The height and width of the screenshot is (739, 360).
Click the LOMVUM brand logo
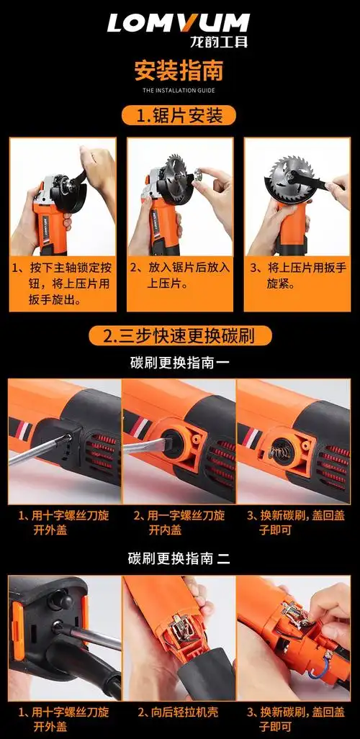coord(178,23)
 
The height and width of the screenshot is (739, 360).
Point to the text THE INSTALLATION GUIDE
coord(179,90)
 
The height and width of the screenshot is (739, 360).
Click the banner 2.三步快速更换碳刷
coord(180,335)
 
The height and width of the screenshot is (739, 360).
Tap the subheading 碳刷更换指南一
coord(180,363)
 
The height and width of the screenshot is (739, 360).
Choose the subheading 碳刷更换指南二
coord(179,559)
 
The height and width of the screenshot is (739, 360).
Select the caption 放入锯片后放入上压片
coord(180,276)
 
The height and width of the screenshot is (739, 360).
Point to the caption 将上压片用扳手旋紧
coord(297,276)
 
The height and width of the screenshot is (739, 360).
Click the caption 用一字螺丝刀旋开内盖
coord(180,522)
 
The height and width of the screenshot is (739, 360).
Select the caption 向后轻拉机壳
coord(179,712)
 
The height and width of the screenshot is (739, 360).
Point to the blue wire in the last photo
coord(317,672)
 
